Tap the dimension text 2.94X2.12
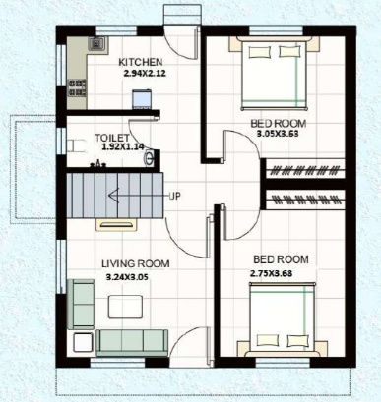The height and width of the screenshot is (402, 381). click(x=146, y=73)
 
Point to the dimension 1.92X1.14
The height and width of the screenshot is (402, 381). click(x=122, y=148)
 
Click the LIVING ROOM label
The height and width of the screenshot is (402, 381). click(x=136, y=263)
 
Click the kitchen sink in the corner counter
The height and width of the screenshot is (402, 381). click(x=98, y=45)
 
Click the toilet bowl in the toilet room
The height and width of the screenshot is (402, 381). click(x=78, y=144)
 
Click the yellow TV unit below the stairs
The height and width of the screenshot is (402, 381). click(x=108, y=224)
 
